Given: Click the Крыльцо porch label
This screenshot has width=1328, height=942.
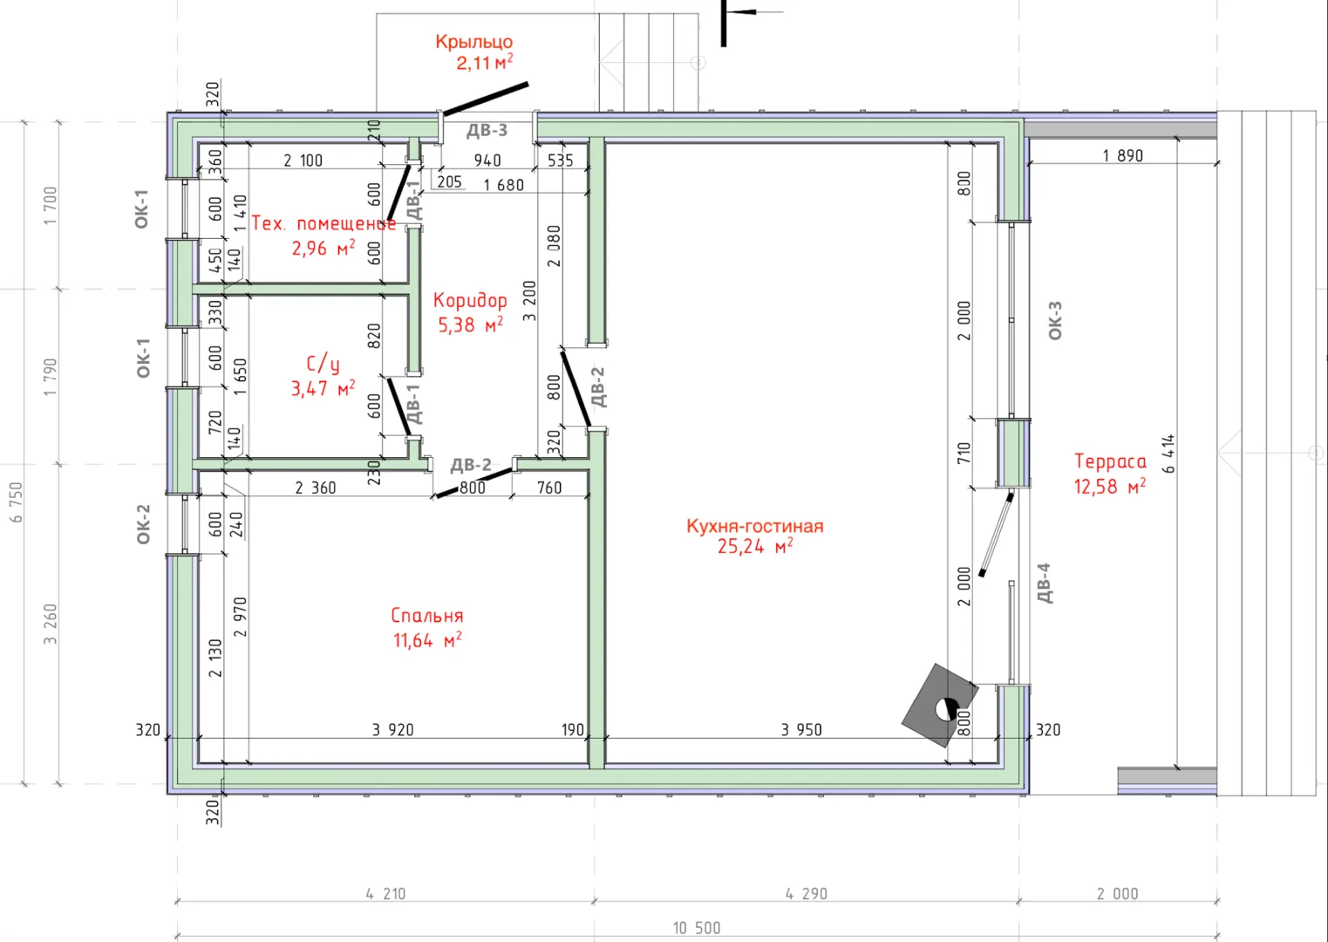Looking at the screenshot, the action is point(473,42).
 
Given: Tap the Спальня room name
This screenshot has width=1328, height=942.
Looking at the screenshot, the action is point(427,616).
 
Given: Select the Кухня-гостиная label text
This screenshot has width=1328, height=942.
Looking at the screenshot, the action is point(755,526).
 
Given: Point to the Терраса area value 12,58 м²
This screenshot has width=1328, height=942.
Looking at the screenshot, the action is point(1110,487).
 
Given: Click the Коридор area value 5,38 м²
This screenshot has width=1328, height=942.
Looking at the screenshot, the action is point(471,324).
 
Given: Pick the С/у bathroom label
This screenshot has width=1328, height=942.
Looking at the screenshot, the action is point(323,364).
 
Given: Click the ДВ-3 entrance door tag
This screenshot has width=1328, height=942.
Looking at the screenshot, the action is point(487,131).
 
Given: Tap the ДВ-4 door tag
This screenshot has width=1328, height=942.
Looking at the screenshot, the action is point(1045,583).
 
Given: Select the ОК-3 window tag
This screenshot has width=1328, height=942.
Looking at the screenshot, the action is point(1055,320).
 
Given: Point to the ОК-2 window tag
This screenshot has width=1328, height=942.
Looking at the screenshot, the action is point(144,524).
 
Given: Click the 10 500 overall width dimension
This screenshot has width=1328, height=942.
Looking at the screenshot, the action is point(697,928).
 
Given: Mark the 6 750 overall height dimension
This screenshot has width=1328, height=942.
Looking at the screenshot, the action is point(16,502).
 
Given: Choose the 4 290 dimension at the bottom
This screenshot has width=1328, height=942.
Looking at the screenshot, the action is point(807,894).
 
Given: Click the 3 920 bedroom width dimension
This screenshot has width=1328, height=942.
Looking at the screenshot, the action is point(392,730).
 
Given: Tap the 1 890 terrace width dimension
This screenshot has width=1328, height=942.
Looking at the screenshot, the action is point(1122,155).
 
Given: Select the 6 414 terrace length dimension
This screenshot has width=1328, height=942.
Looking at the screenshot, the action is point(1168,454).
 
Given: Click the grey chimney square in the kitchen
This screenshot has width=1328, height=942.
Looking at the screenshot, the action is point(940,706).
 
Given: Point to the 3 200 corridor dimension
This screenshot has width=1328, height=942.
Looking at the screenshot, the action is point(529,301).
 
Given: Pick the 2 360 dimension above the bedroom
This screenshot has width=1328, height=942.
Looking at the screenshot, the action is point(316,488).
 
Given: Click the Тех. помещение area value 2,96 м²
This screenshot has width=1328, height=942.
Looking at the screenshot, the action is point(323,248).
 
